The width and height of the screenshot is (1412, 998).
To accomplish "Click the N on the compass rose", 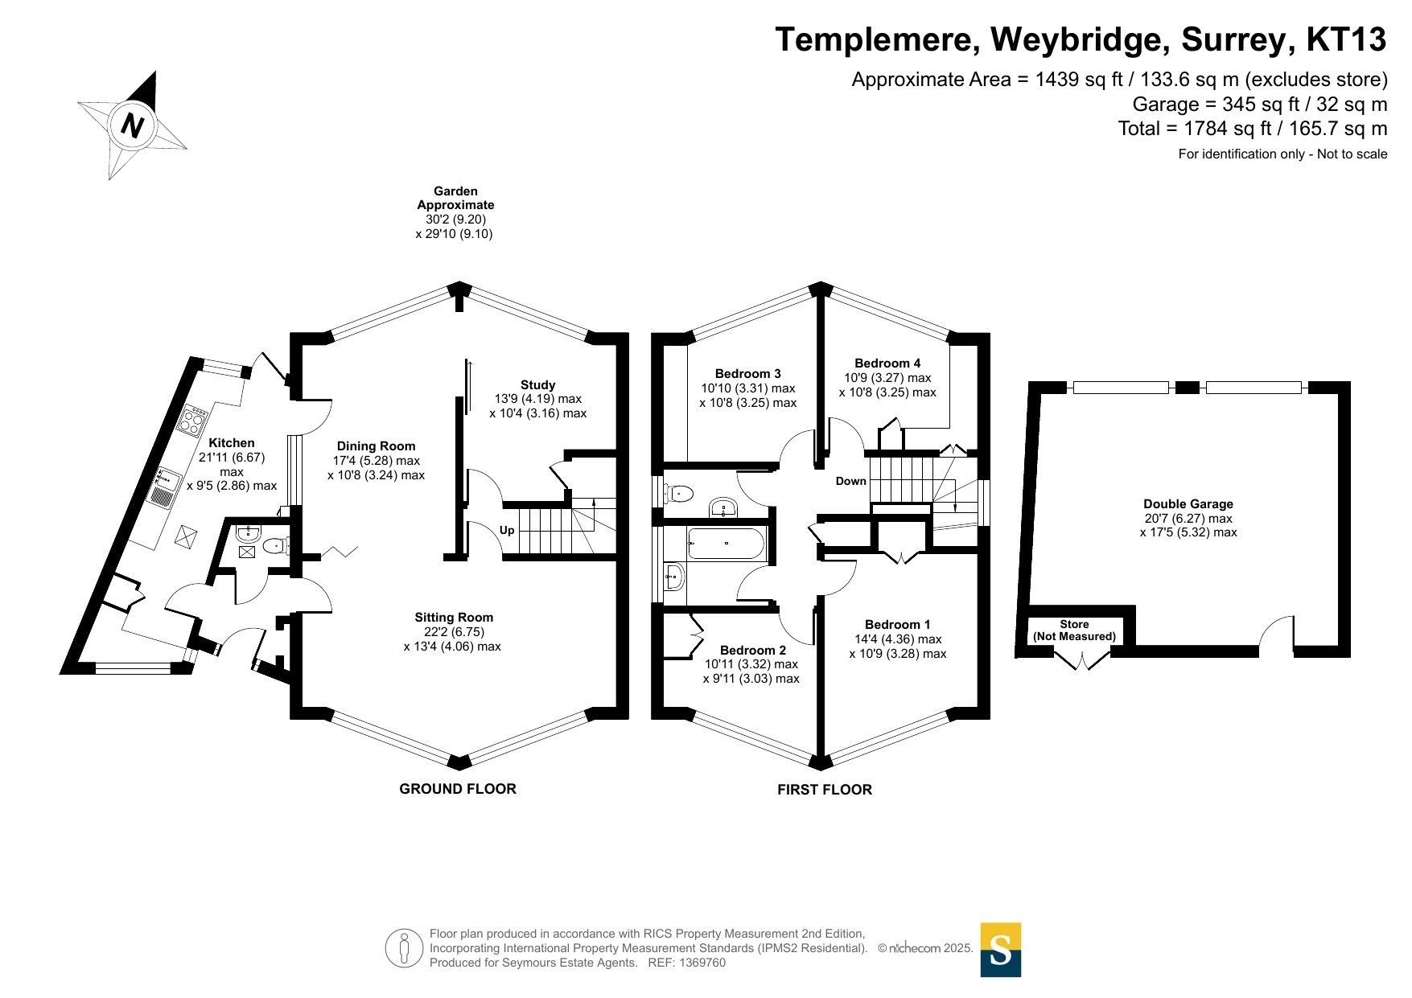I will (x=132, y=125).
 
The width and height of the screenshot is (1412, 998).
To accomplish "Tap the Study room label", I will (x=537, y=385).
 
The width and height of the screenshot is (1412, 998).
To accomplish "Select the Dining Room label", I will (x=376, y=446).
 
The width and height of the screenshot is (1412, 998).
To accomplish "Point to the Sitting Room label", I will (x=454, y=618).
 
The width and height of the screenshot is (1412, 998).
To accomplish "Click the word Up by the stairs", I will (x=507, y=530).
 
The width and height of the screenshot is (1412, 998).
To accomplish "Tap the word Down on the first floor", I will (x=850, y=481).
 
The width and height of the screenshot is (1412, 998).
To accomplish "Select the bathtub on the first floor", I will (x=726, y=544).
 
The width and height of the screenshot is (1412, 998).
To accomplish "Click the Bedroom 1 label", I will (x=897, y=625).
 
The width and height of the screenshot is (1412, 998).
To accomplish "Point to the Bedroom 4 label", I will (x=887, y=363).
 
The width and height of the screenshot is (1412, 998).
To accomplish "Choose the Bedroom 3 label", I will (x=747, y=374).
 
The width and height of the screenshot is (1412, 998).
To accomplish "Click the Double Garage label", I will (x=1188, y=504).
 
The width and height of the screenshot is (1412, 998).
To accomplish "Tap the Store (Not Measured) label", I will (x=1074, y=630).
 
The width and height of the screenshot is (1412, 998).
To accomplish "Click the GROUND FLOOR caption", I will (x=458, y=789).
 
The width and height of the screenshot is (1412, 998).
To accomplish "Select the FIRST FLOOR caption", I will (x=824, y=790).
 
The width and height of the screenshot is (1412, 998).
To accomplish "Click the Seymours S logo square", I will (x=1000, y=950).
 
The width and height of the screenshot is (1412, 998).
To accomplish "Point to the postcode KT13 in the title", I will (x=1346, y=39).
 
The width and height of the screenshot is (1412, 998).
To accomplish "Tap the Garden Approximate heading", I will (x=455, y=198).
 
